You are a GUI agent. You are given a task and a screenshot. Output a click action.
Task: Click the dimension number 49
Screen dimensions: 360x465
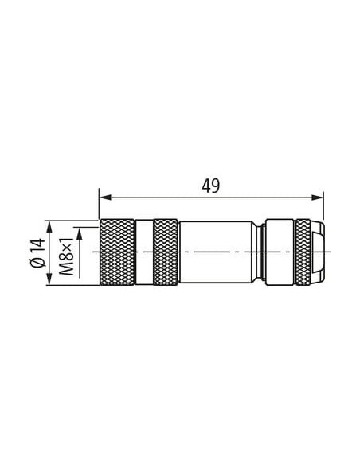211,186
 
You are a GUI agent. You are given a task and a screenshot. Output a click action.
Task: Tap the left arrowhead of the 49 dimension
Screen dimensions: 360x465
105,197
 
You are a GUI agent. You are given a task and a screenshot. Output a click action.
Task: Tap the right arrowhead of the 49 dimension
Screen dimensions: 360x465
317,197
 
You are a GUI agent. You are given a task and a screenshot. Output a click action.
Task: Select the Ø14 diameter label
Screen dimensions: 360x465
38,252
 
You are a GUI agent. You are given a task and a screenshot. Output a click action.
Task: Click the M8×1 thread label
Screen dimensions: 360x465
66,256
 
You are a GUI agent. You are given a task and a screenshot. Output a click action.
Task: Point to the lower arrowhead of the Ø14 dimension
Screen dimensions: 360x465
49,279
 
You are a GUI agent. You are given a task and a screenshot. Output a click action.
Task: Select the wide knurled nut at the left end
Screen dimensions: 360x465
117,252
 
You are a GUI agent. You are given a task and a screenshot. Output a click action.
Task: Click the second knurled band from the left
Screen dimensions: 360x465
166,252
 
